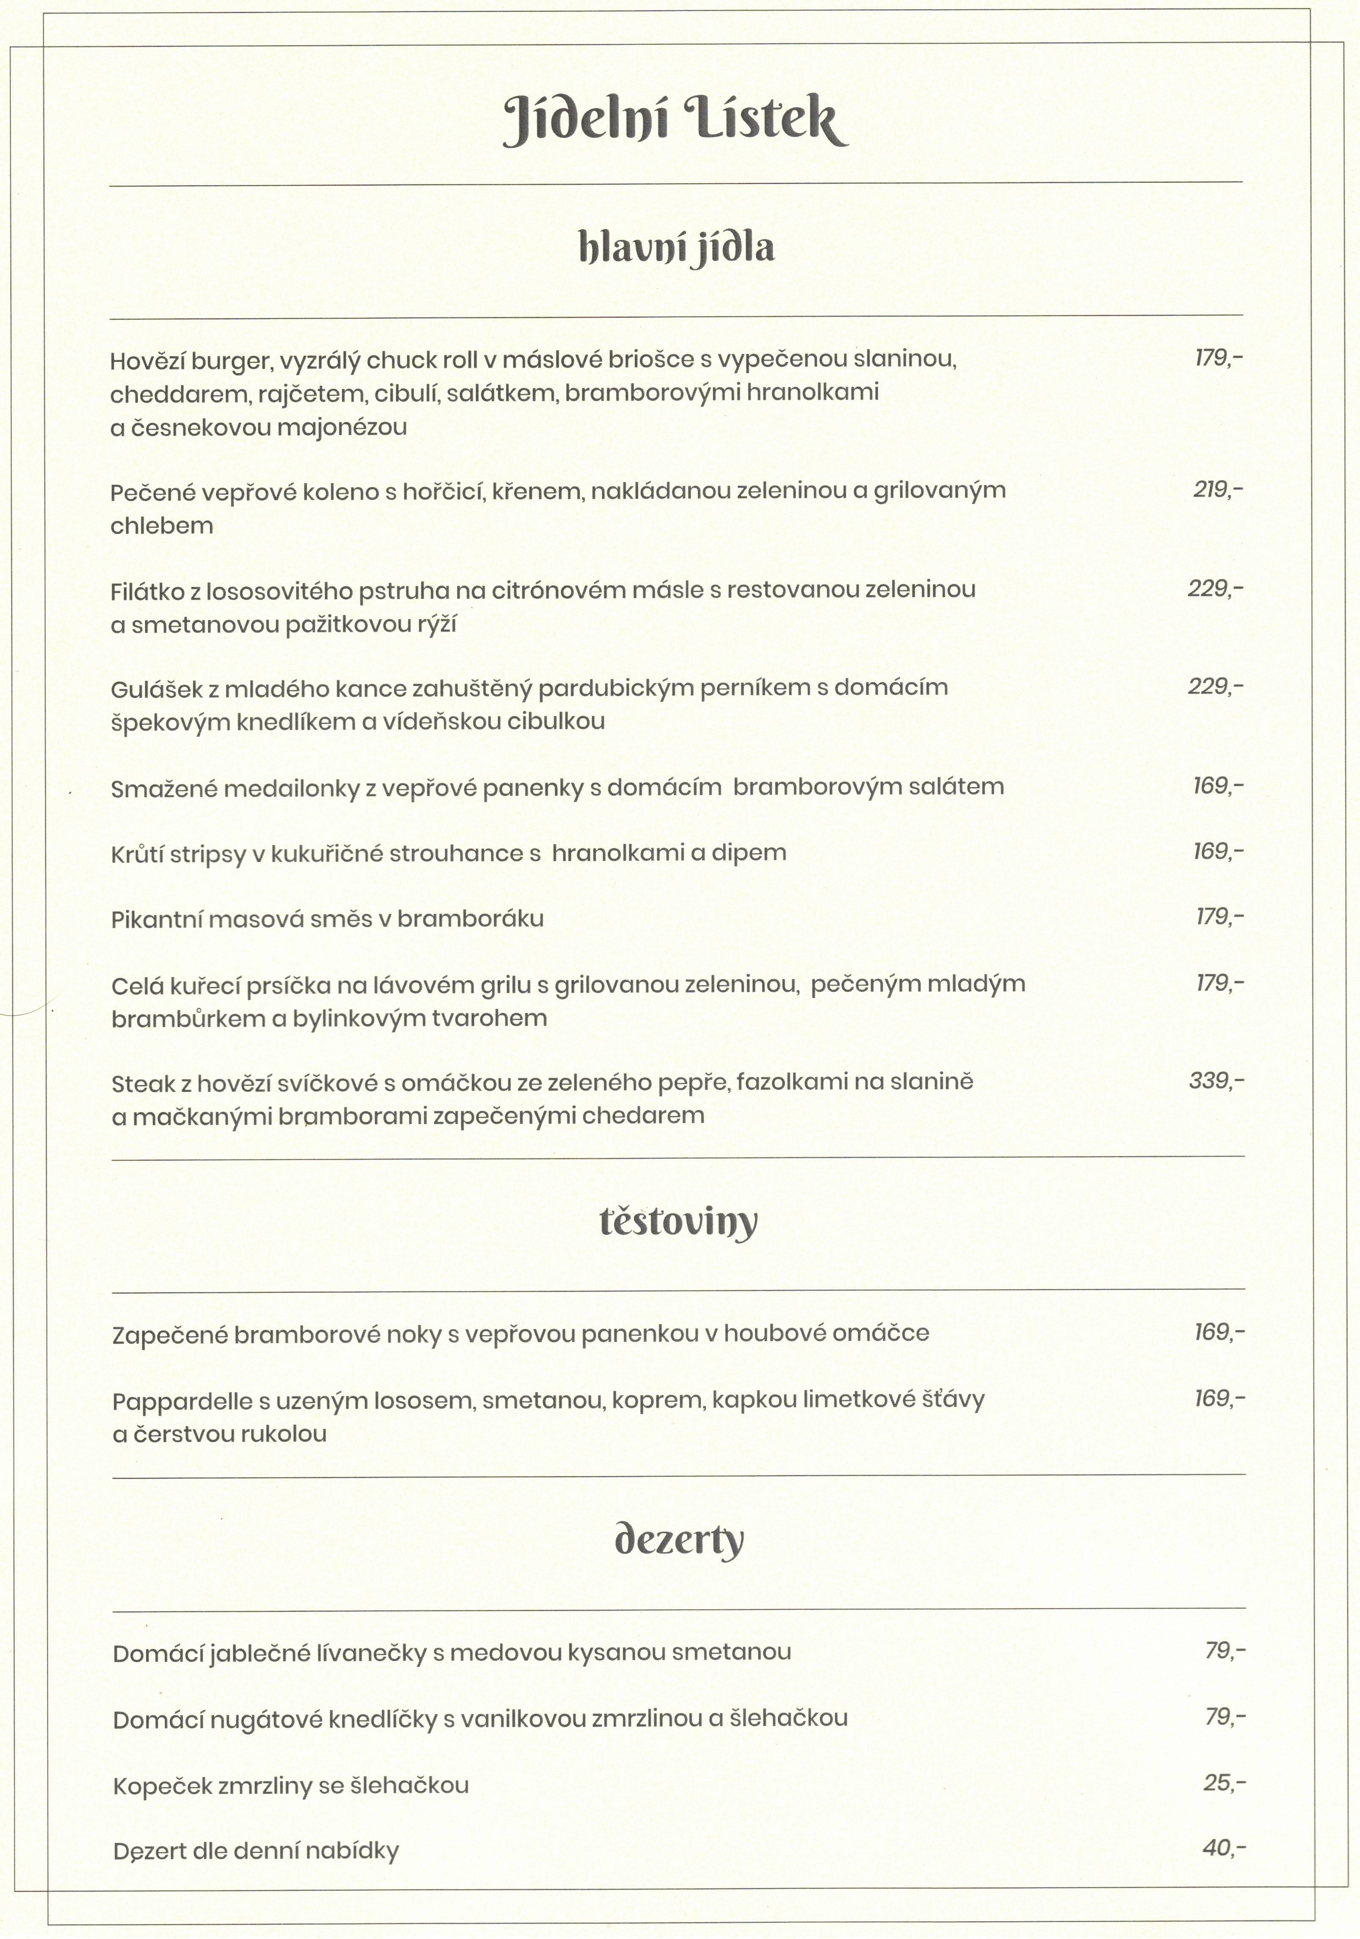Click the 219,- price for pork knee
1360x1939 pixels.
[x=1217, y=490]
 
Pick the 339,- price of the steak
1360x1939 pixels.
[x=1216, y=1080]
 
